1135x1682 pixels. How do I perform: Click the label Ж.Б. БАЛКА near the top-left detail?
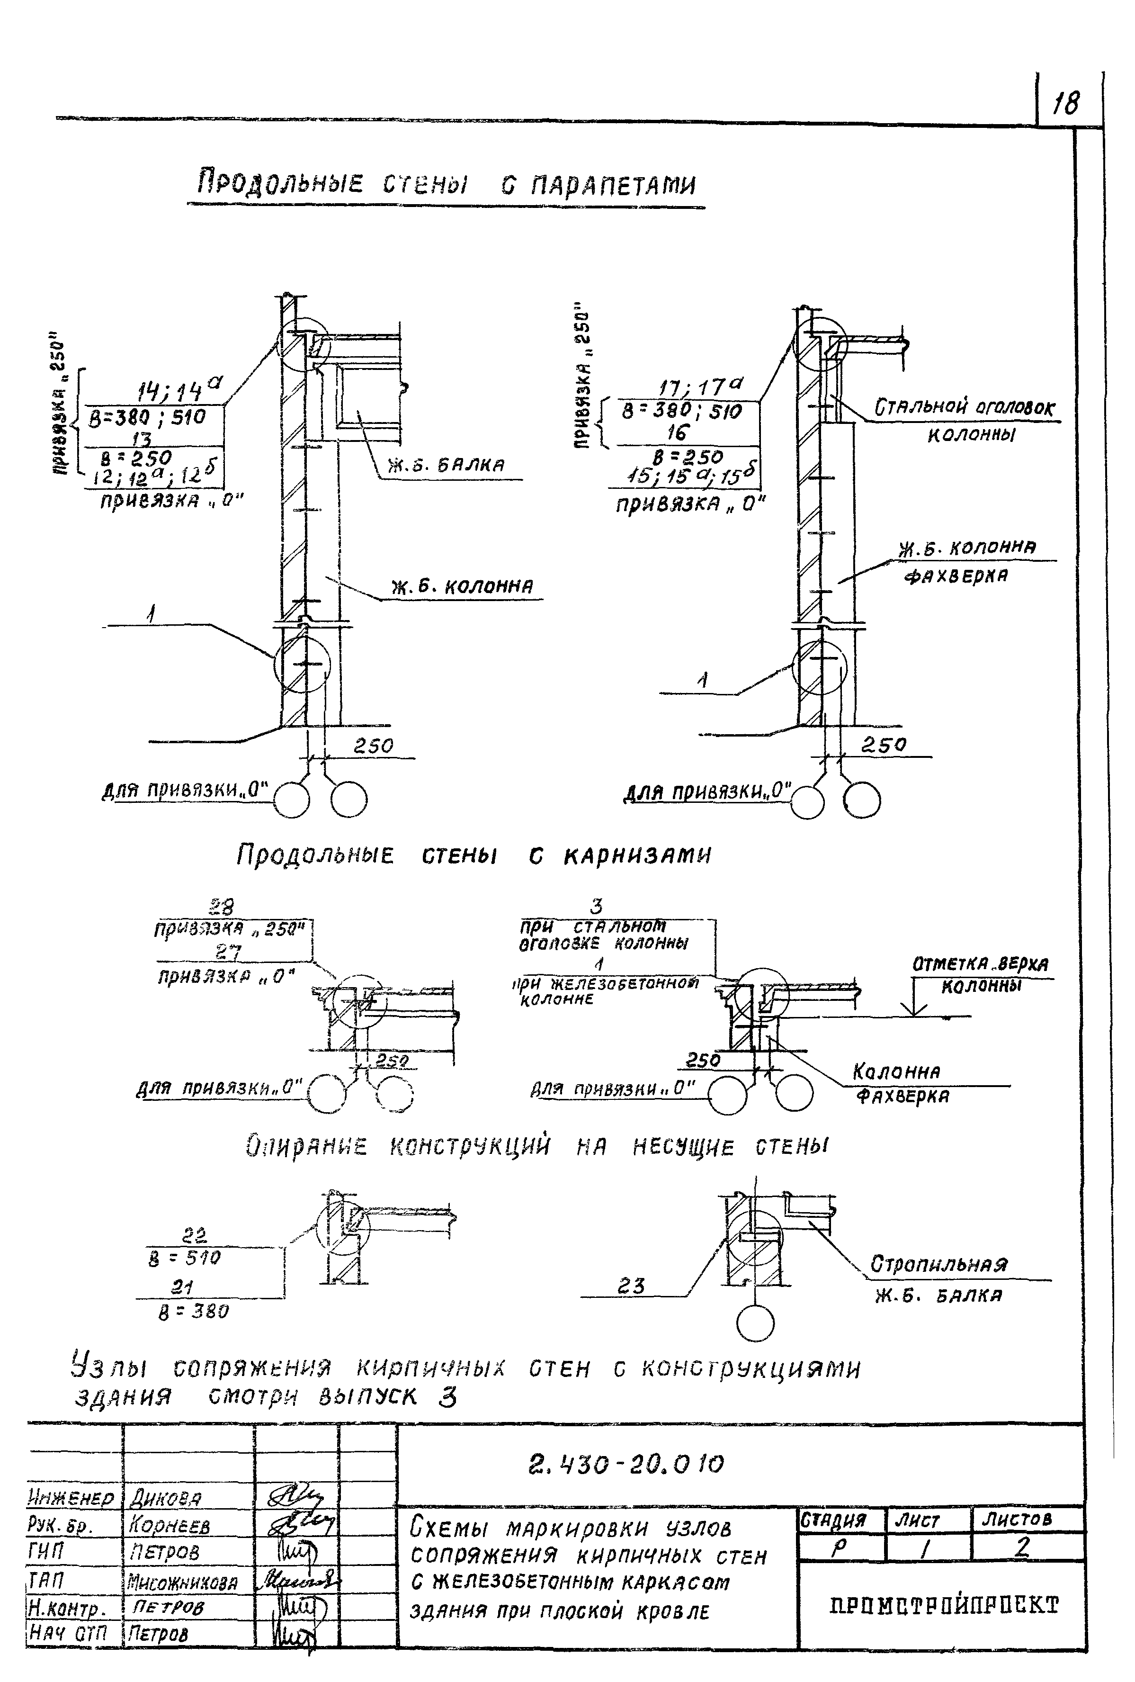(445, 465)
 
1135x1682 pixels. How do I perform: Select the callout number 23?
(631, 1286)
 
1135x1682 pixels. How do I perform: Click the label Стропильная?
(938, 1264)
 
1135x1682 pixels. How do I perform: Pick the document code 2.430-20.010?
(626, 1465)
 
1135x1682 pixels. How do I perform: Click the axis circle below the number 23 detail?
(754, 1324)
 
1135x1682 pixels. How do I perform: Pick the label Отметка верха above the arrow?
(980, 965)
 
